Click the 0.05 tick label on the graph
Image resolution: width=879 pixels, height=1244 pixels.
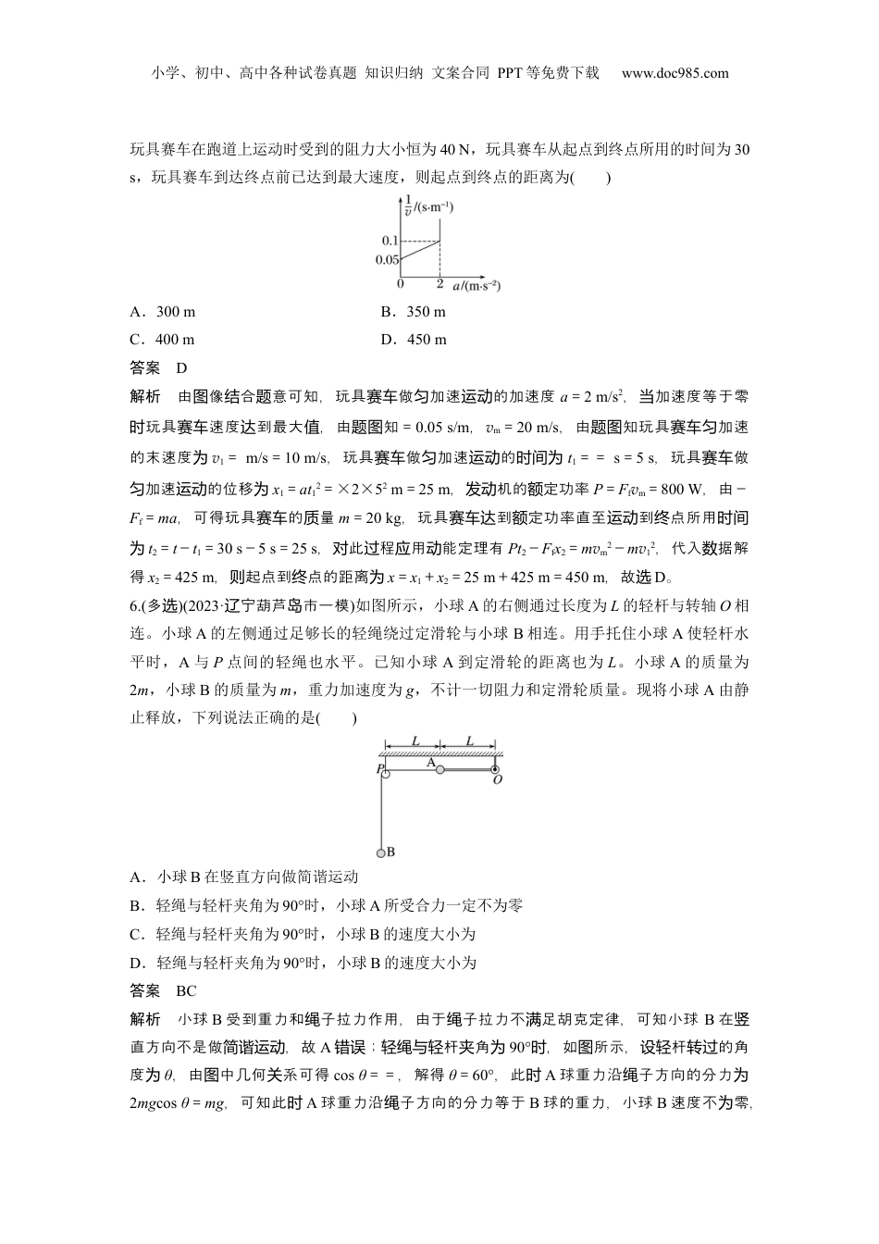(x=388, y=260)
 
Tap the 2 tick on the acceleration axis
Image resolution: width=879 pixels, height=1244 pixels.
(x=439, y=283)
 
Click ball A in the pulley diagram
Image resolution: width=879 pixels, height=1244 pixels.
(x=440, y=769)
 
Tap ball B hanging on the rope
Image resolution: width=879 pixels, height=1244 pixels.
(x=379, y=852)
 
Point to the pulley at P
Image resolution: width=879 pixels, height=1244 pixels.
(x=384, y=770)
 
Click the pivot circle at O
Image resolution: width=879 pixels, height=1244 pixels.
(x=496, y=769)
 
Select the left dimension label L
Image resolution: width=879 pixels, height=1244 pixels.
(x=415, y=741)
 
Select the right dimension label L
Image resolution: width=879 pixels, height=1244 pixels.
(x=469, y=741)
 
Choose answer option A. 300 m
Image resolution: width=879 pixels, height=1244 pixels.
(x=163, y=312)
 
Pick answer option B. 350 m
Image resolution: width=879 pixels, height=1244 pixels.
(x=413, y=312)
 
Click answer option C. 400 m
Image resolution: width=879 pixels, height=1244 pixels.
(x=163, y=340)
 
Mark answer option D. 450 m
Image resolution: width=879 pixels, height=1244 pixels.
(x=413, y=340)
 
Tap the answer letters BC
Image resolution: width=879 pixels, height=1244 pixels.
(x=186, y=991)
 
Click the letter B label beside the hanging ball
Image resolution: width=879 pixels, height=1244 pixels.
(x=390, y=852)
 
